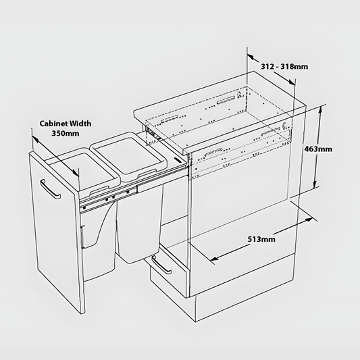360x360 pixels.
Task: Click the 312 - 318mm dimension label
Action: [x=284, y=66]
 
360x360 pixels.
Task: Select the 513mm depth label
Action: [x=261, y=238]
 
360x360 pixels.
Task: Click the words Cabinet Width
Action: [x=65, y=124]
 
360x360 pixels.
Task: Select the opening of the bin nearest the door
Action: [x=68, y=164]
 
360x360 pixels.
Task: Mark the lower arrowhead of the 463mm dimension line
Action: [x=317, y=190]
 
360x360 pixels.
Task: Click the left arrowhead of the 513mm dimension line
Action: [x=214, y=259]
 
